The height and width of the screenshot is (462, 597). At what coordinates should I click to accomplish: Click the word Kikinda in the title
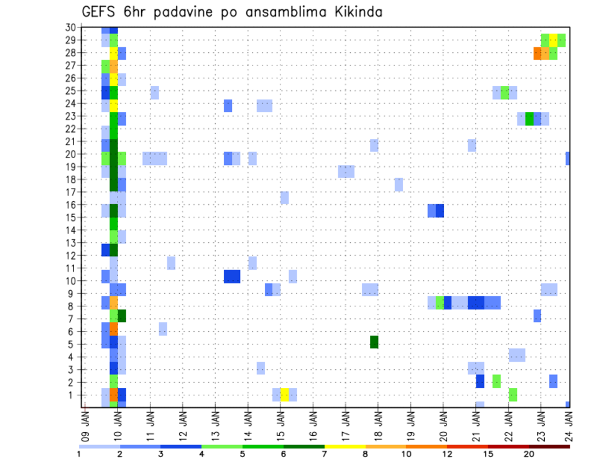coord(356,12)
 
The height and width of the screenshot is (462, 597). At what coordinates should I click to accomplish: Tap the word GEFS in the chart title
coord(100,12)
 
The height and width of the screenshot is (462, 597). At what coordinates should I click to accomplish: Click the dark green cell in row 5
coord(374,342)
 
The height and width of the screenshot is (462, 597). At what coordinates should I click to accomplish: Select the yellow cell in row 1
coord(284,395)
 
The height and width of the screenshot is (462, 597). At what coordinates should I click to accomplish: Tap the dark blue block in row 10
coord(232,276)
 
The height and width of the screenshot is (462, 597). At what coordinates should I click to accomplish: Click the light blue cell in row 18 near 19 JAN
coord(399,184)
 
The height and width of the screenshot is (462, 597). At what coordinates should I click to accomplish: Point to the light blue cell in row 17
coord(284,197)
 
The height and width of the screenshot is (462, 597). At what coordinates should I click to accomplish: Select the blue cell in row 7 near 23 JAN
coord(537,316)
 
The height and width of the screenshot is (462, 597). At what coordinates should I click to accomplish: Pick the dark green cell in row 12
coord(114,250)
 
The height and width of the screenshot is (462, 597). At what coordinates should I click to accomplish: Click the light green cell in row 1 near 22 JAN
coord(512,395)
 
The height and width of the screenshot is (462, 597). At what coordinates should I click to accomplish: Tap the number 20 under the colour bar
coord(529,455)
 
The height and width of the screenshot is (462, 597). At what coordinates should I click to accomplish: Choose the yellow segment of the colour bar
coord(345,446)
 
